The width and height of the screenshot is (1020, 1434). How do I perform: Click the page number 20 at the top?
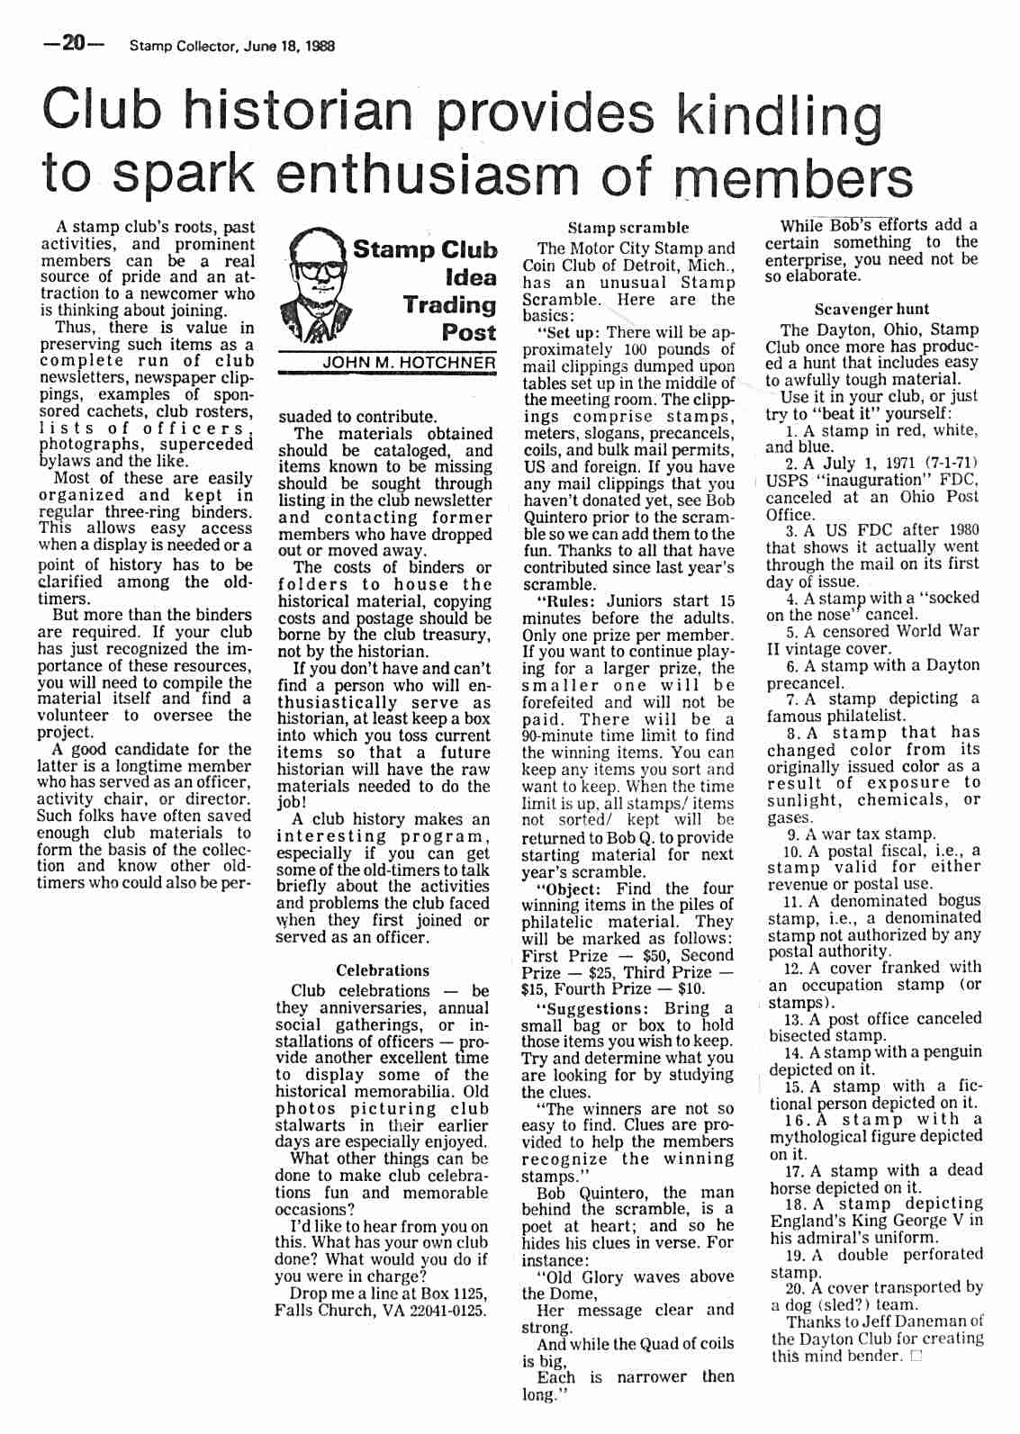73,44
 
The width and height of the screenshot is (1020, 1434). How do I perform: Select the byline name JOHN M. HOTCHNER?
409,362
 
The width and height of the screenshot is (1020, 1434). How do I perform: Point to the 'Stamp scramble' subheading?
627,228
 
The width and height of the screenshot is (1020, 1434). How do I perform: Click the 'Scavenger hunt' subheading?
871,309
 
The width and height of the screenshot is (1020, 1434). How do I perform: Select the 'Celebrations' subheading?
382,970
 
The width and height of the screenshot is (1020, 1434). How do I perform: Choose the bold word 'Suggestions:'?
594,1008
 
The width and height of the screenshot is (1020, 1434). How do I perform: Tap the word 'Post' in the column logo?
468,332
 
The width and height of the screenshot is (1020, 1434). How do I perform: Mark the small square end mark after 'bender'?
916,1357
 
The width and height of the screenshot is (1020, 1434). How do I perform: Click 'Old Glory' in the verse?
584,1277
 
